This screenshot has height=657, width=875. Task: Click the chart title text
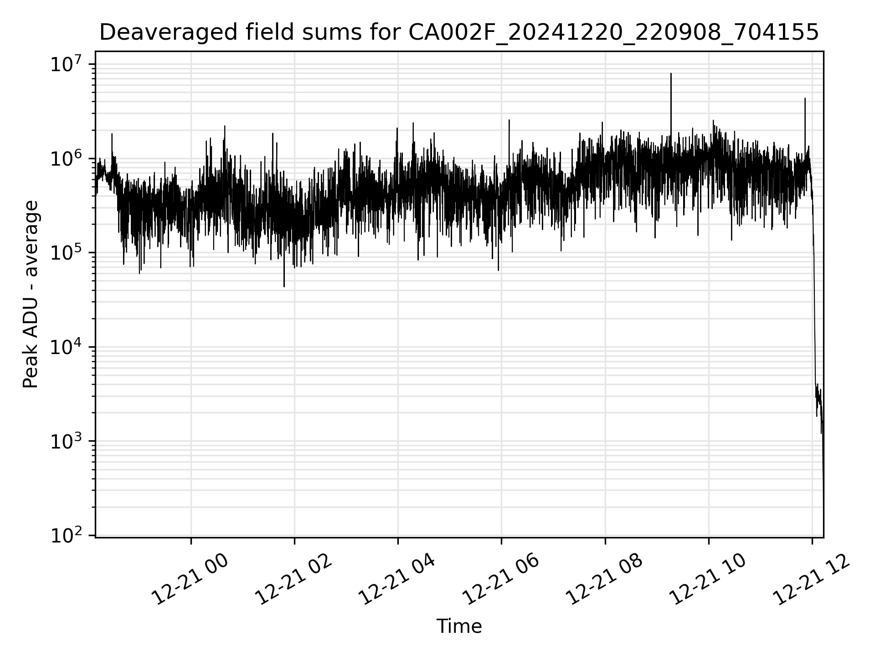[459, 32]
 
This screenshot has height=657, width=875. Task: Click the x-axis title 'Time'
[459, 626]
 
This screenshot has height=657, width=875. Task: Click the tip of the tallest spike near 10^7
[671, 73]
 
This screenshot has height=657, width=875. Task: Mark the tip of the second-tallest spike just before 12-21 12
[805, 98]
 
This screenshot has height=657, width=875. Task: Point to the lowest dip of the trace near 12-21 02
[284, 287]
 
